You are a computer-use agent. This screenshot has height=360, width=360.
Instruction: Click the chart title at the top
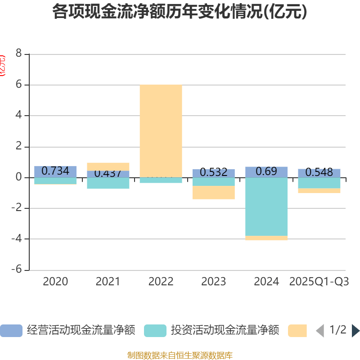click(x=180, y=12)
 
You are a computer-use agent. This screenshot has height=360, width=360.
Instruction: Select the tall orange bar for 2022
click(x=161, y=130)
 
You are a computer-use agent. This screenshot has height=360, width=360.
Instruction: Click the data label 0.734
click(x=55, y=171)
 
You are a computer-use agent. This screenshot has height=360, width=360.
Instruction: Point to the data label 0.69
click(x=266, y=171)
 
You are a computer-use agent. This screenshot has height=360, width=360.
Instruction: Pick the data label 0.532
click(x=213, y=172)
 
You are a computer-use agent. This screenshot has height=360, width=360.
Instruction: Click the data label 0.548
click(x=319, y=172)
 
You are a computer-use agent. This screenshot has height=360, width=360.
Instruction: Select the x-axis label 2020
click(x=55, y=282)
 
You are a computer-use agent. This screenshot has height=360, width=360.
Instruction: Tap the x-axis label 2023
click(x=213, y=282)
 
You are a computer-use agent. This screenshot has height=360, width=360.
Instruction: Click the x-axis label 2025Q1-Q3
click(x=319, y=282)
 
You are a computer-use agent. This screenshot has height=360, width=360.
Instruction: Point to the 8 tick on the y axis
click(x=18, y=54)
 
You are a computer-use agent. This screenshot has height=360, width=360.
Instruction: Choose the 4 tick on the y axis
click(x=18, y=116)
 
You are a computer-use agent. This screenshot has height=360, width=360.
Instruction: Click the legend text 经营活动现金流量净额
click(x=81, y=330)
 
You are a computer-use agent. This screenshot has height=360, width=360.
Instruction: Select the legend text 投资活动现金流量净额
click(x=225, y=330)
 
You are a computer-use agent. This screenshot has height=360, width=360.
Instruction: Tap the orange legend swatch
click(x=297, y=330)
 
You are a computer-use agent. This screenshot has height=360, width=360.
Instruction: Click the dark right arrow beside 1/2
click(x=355, y=330)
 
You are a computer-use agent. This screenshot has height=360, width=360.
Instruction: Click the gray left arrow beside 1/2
click(x=320, y=330)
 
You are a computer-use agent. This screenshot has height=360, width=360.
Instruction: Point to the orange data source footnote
click(x=180, y=355)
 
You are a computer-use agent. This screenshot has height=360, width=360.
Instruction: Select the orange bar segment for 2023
click(x=213, y=193)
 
